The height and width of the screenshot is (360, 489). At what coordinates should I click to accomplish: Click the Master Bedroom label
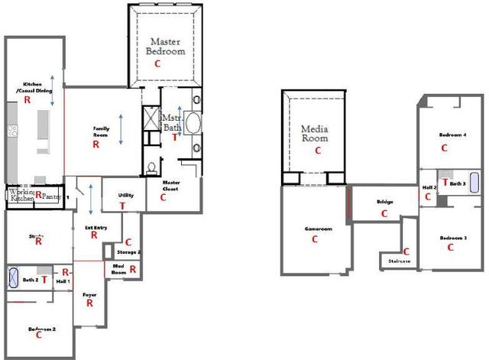[166, 47]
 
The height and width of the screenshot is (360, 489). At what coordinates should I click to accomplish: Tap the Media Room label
[314, 134]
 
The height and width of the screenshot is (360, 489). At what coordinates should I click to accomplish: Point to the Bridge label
[384, 202]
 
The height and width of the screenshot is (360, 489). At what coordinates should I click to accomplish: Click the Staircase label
[400, 261]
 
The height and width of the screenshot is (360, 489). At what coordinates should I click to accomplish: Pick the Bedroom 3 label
[452, 238]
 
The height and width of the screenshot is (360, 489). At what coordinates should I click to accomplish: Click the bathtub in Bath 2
[15, 277]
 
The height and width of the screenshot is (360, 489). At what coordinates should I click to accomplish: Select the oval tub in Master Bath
[191, 125]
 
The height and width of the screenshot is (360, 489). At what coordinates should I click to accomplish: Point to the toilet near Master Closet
[151, 167]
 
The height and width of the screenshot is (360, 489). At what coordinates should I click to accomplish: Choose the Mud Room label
[118, 268]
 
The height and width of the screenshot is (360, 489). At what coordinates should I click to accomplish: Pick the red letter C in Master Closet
[163, 196]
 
